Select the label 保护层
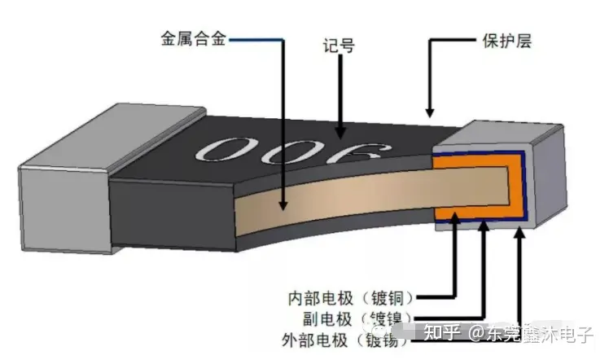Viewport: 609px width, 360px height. [502, 40]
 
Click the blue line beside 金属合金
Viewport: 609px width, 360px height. [256, 38]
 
